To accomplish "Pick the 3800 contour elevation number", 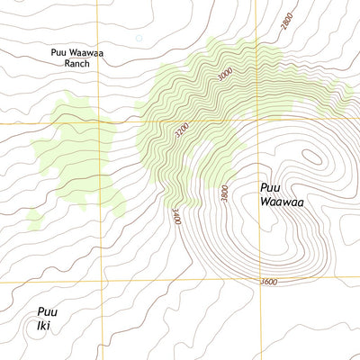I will [x=224, y=193].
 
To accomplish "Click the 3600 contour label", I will [x=266, y=283].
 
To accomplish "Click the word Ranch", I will [x=76, y=65].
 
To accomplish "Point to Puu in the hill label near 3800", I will [x=270, y=187].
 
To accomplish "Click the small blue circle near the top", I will [x=139, y=38].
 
